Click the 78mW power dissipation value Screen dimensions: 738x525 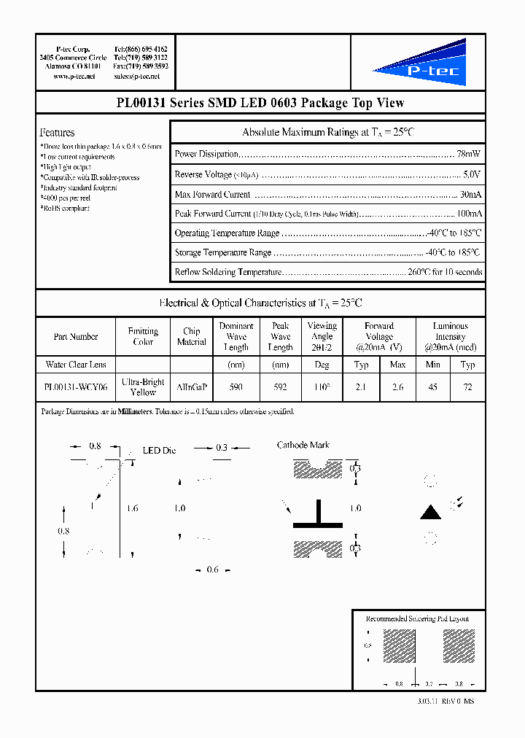click(468, 155)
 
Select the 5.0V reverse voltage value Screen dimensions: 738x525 click(471, 174)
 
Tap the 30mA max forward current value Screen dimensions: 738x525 click(470, 195)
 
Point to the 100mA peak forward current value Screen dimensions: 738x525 click(468, 214)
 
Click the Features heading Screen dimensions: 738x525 click(57, 133)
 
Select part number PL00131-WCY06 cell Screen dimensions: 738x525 click(75, 388)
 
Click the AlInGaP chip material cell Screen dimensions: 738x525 click(191, 388)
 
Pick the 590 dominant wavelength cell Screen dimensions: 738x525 click(236, 388)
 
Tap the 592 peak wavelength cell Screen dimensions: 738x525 click(280, 388)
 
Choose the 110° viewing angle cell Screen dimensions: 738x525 click(322, 388)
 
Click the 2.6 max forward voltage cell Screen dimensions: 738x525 click(397, 388)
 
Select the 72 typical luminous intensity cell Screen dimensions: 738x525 click(468, 388)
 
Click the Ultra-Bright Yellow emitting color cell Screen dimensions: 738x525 click(143, 387)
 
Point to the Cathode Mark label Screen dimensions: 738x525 click(303, 445)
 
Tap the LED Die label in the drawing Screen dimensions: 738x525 click(159, 451)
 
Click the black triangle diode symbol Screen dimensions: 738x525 click(431, 512)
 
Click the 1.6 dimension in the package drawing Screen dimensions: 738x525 click(131, 508)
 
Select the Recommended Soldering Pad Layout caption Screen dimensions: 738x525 click(417, 618)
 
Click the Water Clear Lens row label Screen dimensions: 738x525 click(76, 365)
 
